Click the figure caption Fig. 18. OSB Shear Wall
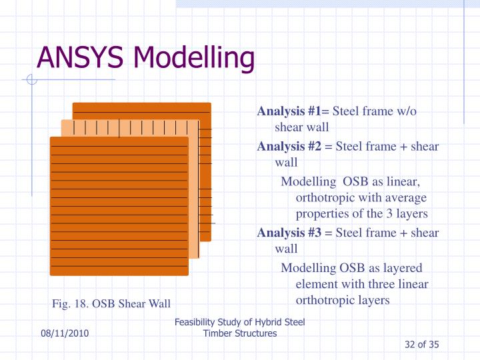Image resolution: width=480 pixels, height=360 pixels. [x=111, y=304]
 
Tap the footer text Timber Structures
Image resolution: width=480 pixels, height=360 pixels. [x=239, y=333]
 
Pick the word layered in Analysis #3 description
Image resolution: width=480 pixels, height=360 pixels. [x=401, y=268]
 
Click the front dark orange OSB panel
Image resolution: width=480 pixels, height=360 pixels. [x=119, y=213]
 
